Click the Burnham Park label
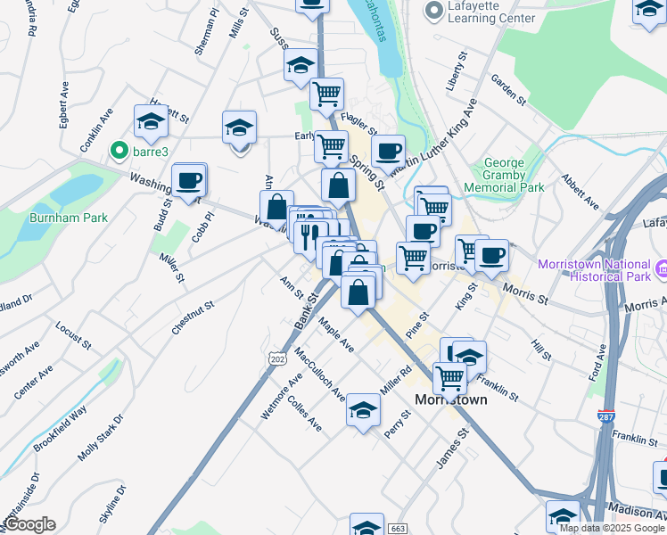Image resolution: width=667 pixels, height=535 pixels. [68, 217]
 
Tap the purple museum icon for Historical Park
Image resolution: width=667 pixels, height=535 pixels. [661, 267]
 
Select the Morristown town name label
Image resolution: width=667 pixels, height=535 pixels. [452, 399]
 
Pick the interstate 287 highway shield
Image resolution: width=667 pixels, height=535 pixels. [606, 416]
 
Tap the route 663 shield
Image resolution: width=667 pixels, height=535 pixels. [397, 530]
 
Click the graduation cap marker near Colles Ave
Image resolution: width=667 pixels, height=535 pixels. [363, 410]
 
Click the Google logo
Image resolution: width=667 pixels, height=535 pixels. [29, 524]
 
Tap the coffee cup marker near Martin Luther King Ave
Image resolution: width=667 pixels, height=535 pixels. [388, 152]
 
